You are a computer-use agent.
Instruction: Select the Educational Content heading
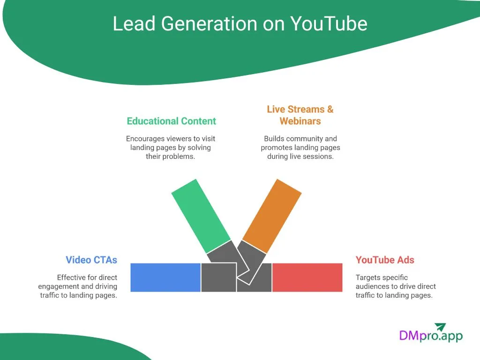171,121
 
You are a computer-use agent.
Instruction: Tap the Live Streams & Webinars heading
300,115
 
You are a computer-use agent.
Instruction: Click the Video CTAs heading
91,260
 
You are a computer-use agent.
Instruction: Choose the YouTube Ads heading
385,260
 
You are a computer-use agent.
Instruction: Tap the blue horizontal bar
165,277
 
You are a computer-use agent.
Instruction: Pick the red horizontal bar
307,277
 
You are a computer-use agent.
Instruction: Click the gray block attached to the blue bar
218,278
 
